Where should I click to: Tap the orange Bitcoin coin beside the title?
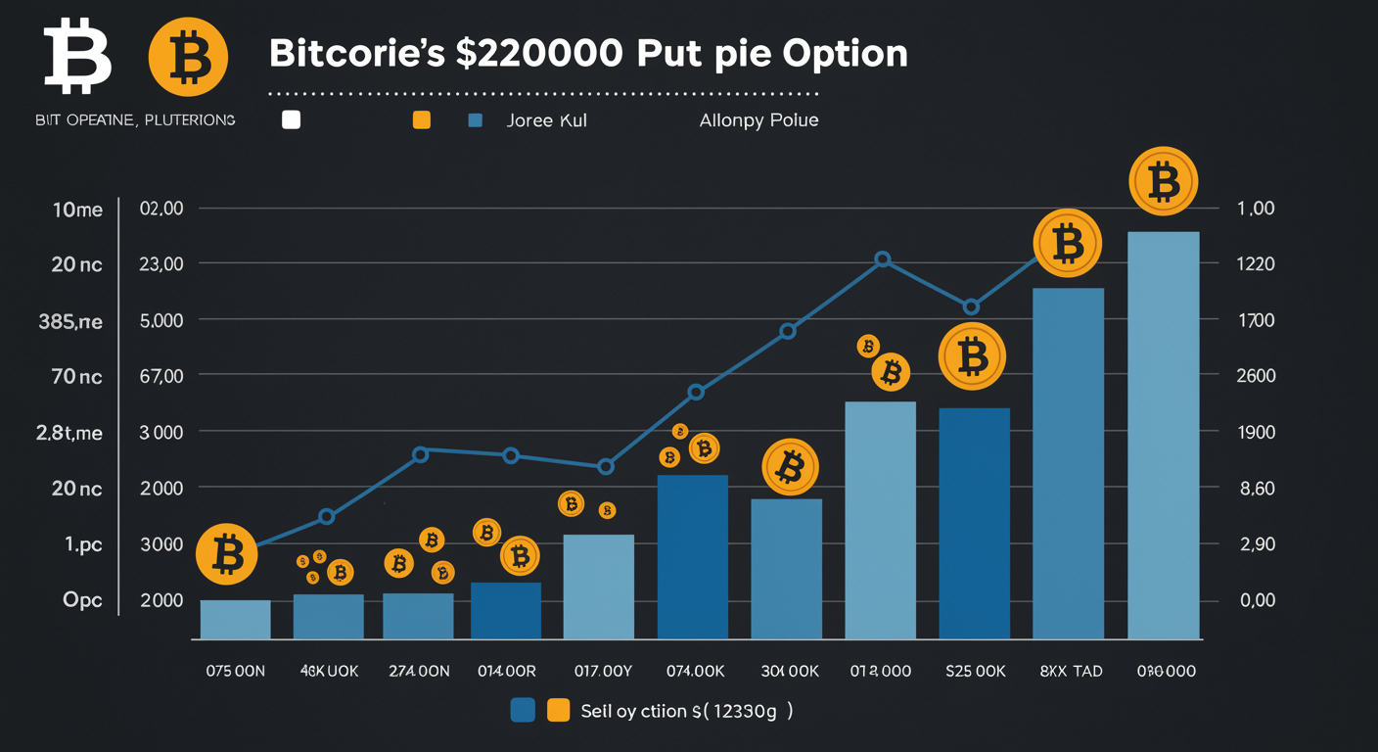pos(188,57)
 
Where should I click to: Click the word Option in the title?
pos(845,53)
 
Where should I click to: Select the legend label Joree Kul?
pos(546,121)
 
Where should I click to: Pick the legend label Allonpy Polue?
pos(758,121)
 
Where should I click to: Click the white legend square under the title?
pos(291,121)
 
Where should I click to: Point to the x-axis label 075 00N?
pos(235,671)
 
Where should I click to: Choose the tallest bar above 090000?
pos(1163,435)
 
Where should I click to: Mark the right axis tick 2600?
pos(1257,376)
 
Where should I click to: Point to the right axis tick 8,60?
pos(1257,488)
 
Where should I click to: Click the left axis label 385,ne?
pos(70,321)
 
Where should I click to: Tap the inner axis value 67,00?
pos(161,376)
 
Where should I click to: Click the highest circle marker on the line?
pos(882,259)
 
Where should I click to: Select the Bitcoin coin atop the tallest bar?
pos(1164,181)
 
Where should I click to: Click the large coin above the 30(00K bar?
pos(789,468)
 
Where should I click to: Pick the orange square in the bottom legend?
pos(558,711)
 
